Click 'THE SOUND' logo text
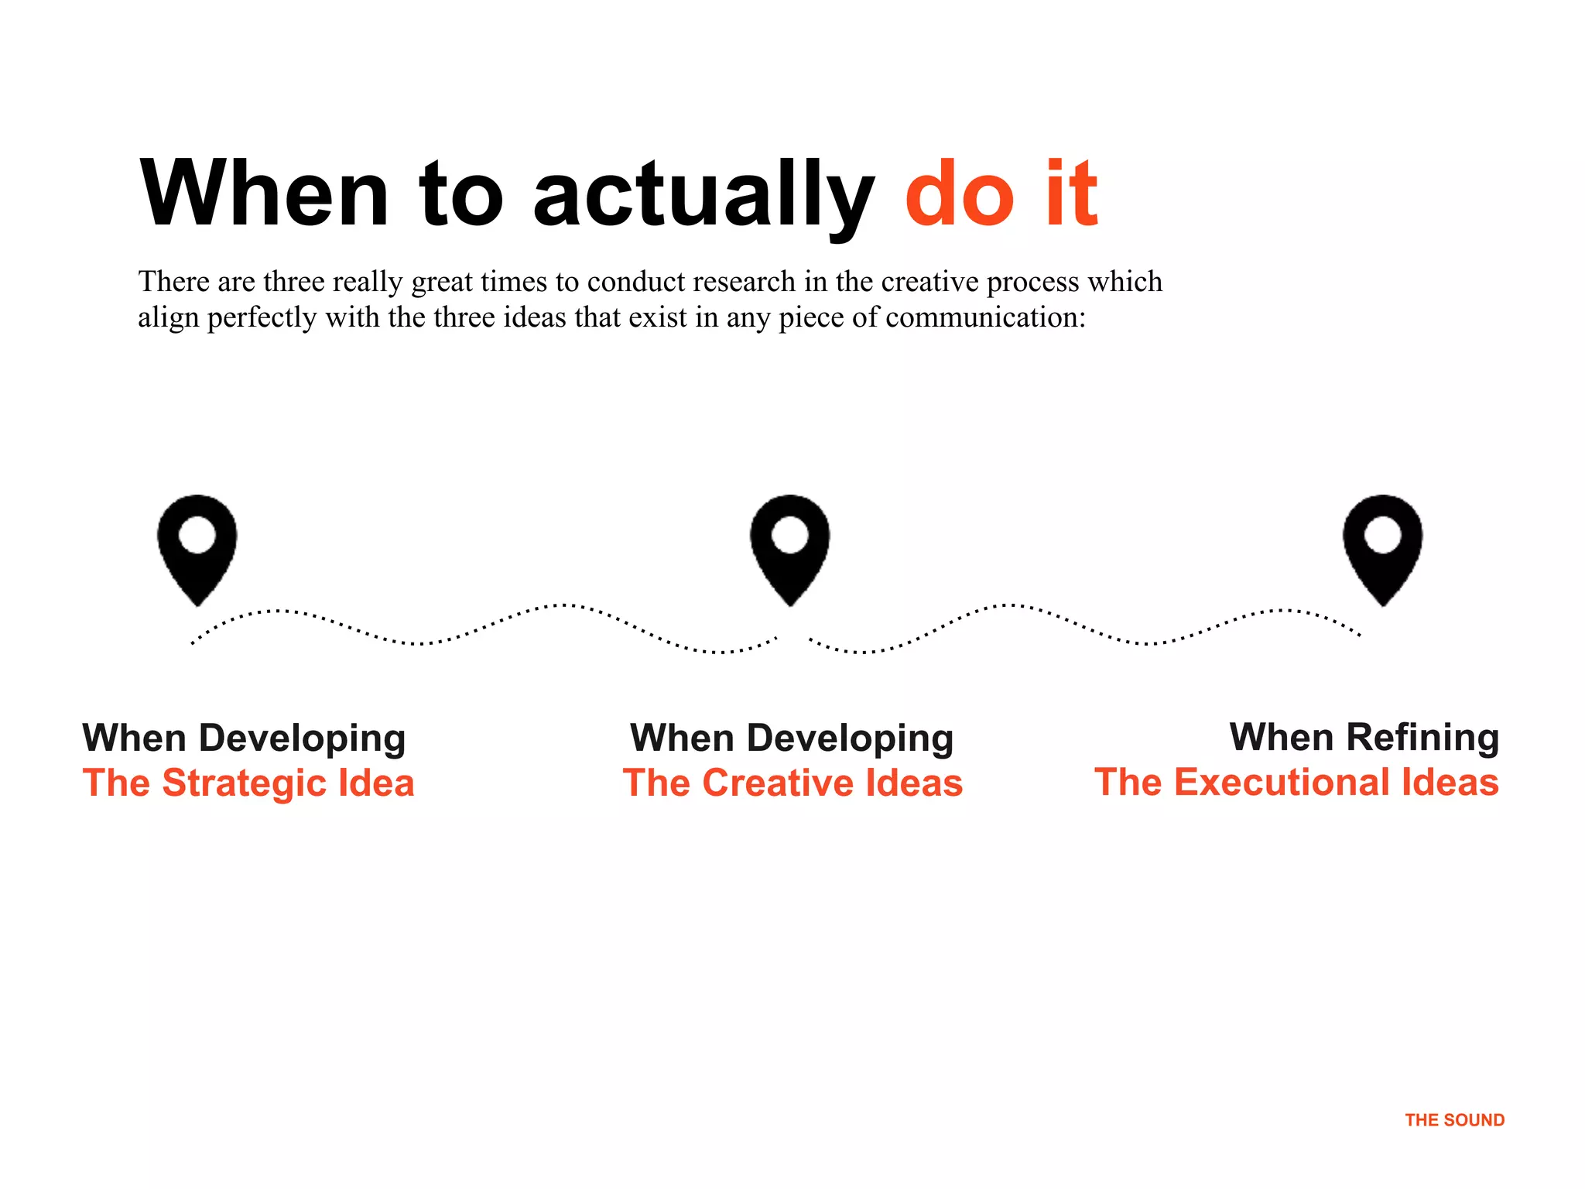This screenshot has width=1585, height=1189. click(1454, 1120)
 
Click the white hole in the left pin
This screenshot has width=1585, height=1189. click(197, 535)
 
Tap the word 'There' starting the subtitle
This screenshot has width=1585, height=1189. click(173, 282)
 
